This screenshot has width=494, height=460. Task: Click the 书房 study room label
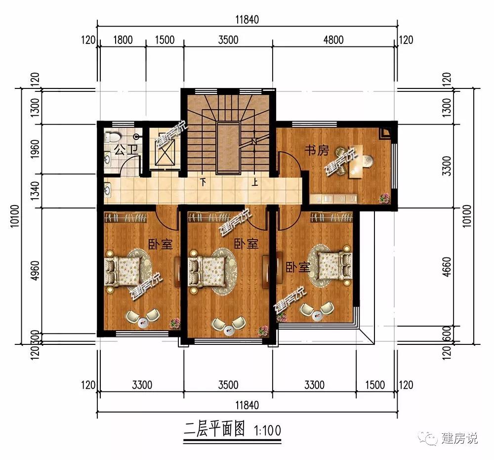point(317,150)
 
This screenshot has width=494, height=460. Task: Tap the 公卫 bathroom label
point(126,150)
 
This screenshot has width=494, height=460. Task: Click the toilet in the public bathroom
point(113,137)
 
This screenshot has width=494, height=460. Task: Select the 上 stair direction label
point(255,182)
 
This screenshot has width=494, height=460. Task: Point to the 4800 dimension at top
point(333,40)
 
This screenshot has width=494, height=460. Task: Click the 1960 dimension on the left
point(35,149)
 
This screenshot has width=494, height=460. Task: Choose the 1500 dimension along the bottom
point(375,385)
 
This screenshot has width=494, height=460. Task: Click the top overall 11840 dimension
point(247,20)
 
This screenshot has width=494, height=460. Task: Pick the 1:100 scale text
point(267,430)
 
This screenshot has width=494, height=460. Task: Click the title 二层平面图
point(214,430)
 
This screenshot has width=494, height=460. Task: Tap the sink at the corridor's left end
point(107,190)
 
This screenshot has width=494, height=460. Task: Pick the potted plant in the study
point(384,198)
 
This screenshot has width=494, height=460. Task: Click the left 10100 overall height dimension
point(15,216)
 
